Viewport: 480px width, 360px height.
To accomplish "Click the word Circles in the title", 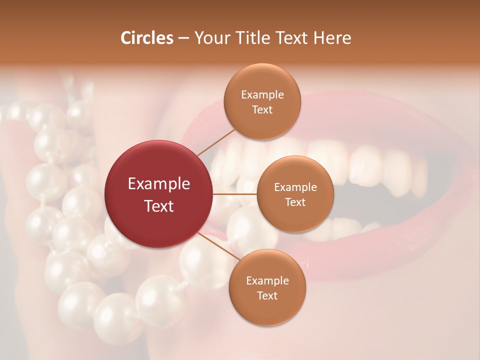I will point(147,38).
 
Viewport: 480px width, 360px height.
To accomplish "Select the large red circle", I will point(159,194).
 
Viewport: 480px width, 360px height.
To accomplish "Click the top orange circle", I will point(262,102).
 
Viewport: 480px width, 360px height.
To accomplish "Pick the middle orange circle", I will point(295,194).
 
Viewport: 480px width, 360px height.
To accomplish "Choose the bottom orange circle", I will point(267,287).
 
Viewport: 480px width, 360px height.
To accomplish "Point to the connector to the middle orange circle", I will point(235,193).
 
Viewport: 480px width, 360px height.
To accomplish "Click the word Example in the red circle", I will point(159,184).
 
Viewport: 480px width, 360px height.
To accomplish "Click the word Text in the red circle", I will point(159,206).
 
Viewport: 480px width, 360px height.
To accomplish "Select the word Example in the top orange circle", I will point(262,95).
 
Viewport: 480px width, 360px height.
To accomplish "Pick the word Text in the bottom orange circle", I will point(267,295).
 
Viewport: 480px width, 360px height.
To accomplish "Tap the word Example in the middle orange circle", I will point(295,187).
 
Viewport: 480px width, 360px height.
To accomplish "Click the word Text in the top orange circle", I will point(262,109).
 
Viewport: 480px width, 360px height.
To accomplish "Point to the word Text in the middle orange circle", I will point(295,202).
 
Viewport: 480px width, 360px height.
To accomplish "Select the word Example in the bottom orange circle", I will point(267,280).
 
